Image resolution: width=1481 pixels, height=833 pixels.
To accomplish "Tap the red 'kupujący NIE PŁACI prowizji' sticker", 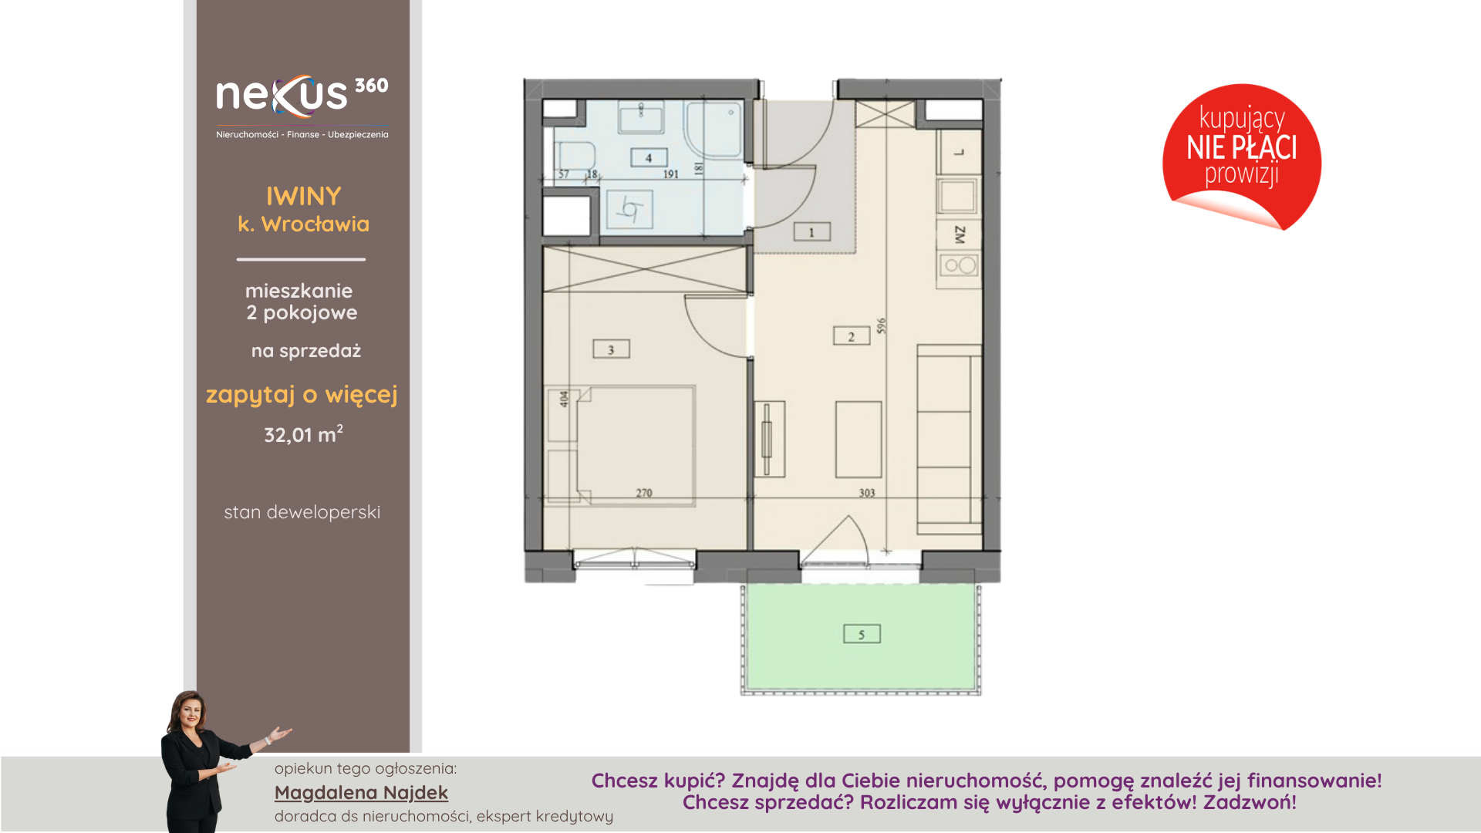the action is (x=1242, y=157).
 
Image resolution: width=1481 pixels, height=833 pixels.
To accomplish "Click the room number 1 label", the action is (x=811, y=232).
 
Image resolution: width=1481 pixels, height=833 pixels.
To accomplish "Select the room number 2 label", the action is (x=852, y=336).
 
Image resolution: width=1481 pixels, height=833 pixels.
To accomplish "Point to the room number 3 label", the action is (x=611, y=349).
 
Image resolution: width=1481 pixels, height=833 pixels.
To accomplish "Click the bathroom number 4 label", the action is (x=649, y=158).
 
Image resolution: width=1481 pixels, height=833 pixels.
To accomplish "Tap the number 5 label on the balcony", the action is (x=862, y=634).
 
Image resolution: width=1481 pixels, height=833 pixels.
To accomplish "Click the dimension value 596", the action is (x=882, y=325).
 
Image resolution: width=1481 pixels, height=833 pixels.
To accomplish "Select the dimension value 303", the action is (x=867, y=493).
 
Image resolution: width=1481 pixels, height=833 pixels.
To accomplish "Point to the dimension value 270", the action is (x=644, y=493).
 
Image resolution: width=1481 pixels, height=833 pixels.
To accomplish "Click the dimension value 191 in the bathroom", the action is (x=671, y=174).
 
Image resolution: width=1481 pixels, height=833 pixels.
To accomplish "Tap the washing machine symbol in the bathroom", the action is (x=629, y=210).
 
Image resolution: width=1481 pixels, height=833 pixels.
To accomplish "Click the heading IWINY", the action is (x=303, y=197).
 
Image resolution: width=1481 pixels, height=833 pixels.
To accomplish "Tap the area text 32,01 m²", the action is (x=303, y=434).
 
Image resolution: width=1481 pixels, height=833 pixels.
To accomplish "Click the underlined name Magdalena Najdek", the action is (x=361, y=793).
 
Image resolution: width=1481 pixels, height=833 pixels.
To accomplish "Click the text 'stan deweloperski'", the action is (x=302, y=512).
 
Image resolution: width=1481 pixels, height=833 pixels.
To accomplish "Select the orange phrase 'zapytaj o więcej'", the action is (x=302, y=395).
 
